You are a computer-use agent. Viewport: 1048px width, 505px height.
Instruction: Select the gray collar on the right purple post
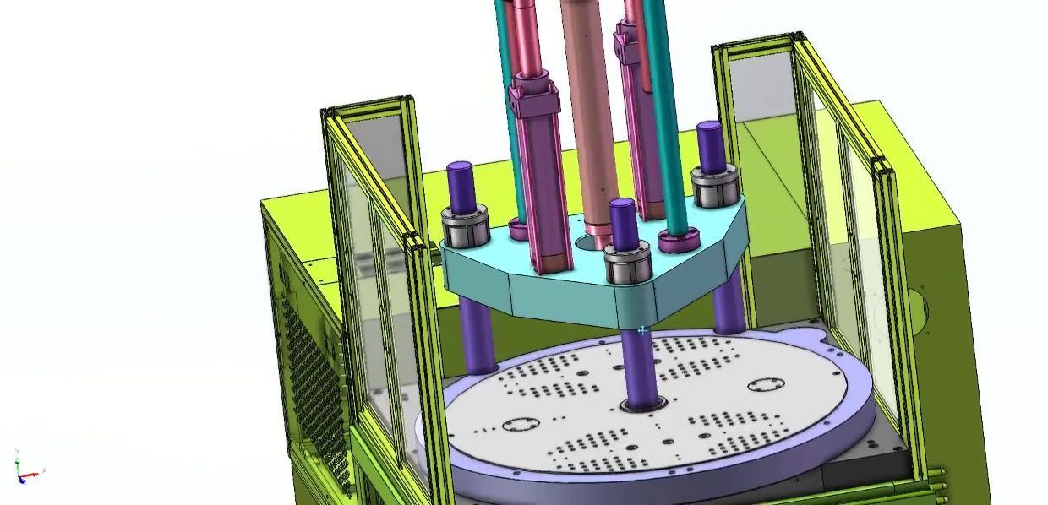pyautogui.click(x=714, y=184)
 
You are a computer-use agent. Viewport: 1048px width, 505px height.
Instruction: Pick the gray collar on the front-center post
pyautogui.click(x=627, y=263)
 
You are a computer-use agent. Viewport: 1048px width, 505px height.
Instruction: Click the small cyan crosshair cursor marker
pyautogui.click(x=642, y=330)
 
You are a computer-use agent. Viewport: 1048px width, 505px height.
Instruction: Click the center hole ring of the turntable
pyautogui.click(x=640, y=408)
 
